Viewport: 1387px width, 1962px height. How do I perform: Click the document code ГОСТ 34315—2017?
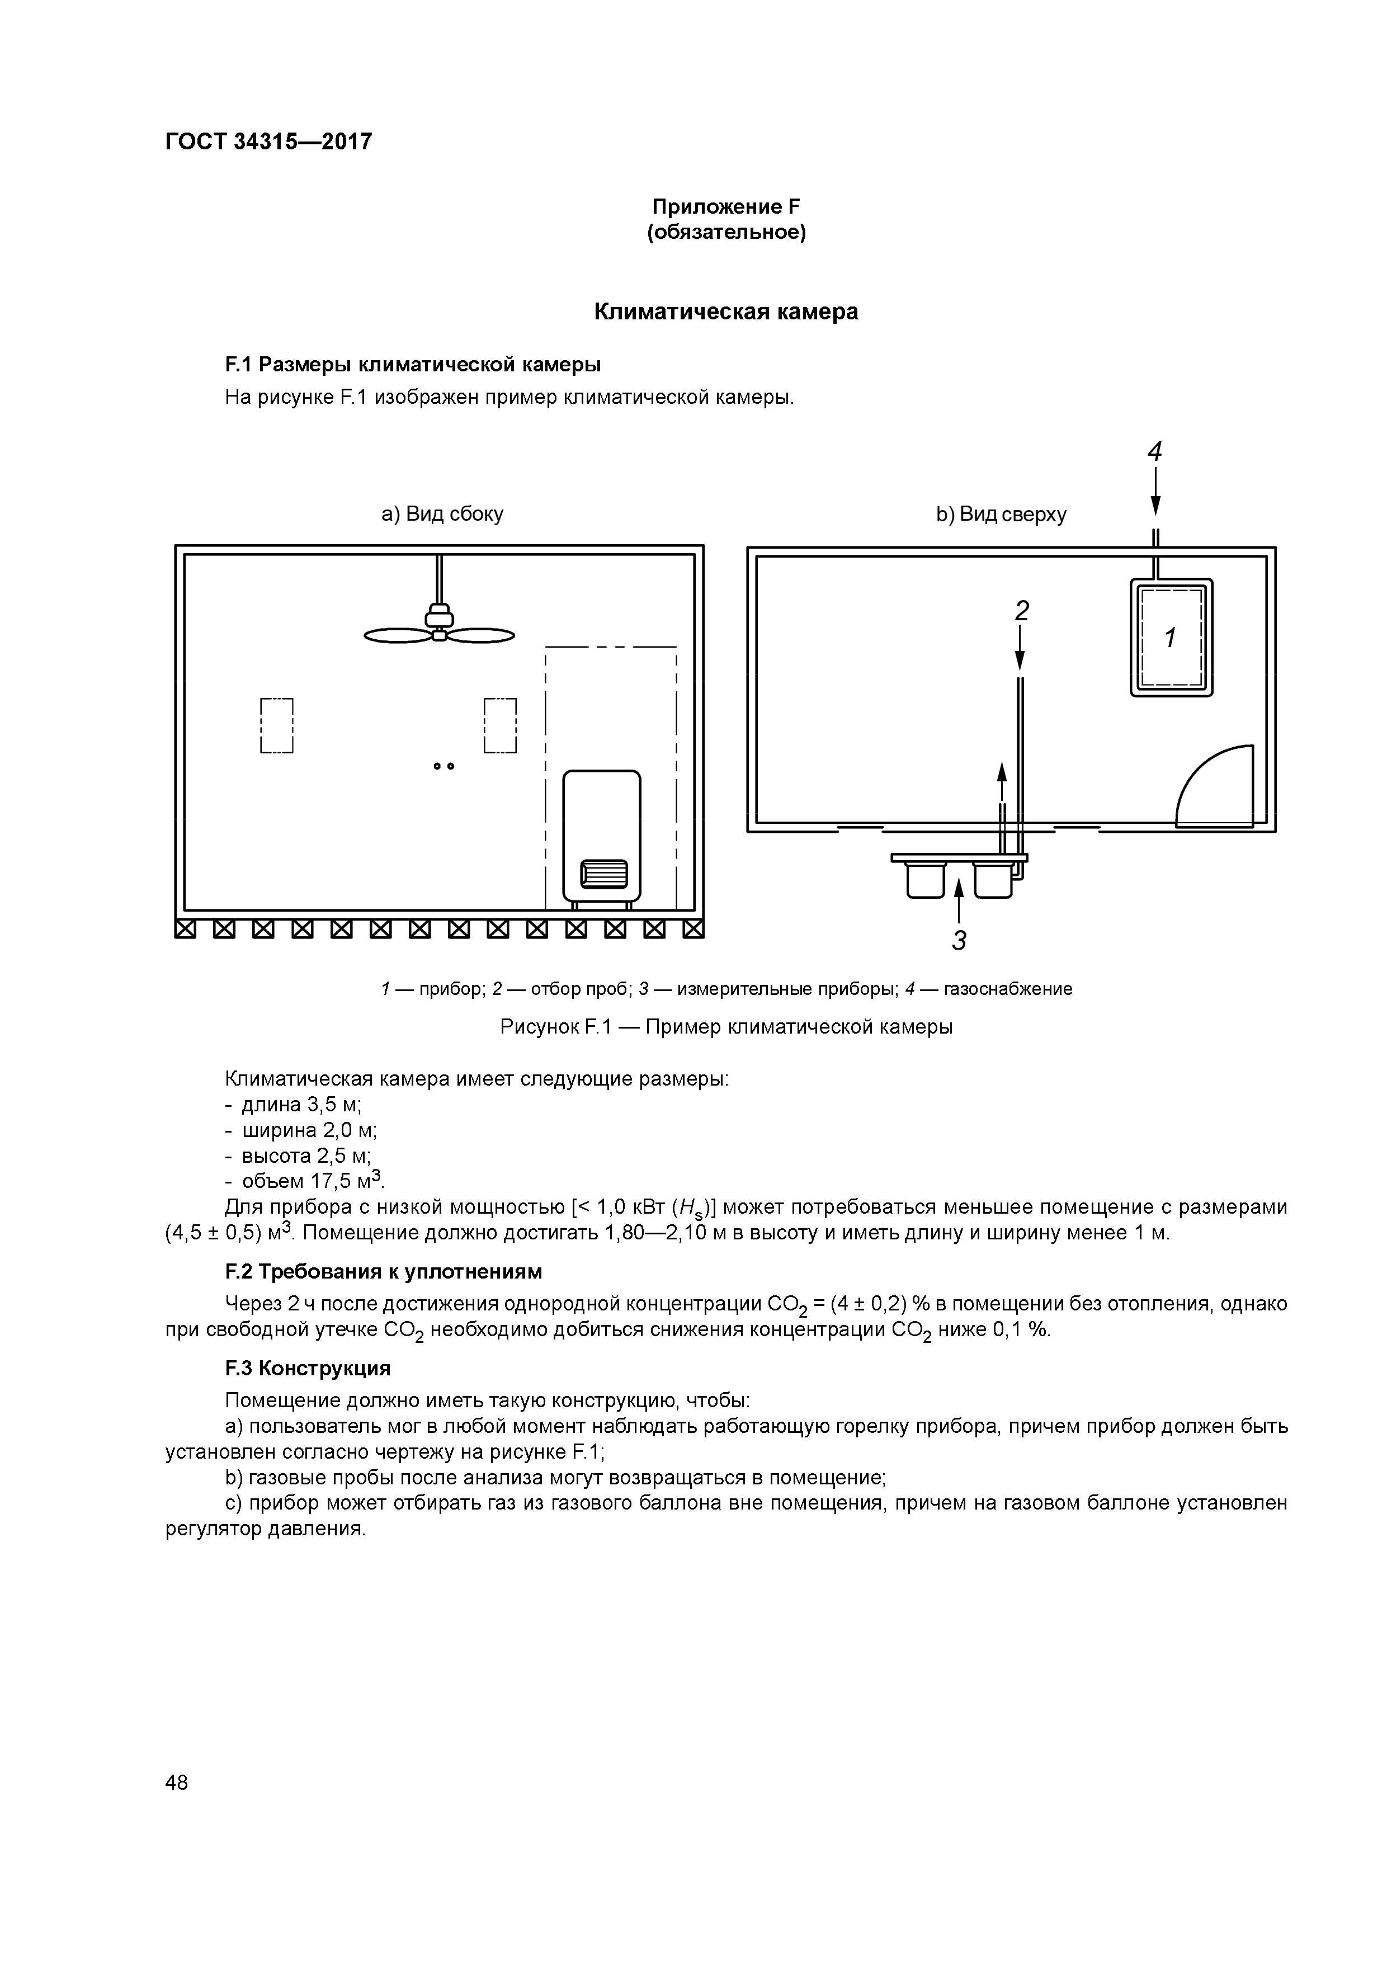point(268,141)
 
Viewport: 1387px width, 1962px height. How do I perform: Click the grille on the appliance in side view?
point(603,873)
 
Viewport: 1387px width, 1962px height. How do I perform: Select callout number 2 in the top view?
point(1021,610)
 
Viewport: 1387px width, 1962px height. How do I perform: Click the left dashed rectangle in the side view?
point(277,725)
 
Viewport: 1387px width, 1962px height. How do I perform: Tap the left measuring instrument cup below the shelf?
point(926,880)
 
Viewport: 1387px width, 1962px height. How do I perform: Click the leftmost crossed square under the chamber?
point(185,929)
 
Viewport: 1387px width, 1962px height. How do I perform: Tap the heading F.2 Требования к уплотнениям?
point(383,1271)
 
